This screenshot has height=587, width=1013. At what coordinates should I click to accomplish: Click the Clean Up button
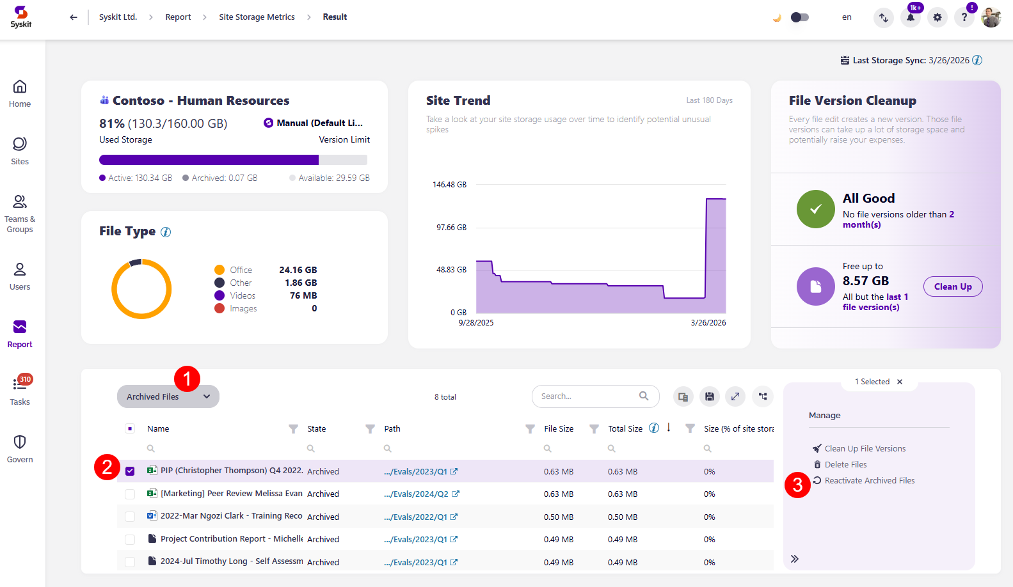coord(952,286)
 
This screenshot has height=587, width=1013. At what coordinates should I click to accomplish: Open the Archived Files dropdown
coord(168,396)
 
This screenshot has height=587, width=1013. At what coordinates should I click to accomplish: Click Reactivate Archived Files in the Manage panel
coord(869,481)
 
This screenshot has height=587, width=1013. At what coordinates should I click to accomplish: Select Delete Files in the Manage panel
coord(845,465)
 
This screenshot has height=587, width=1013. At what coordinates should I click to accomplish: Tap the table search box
coord(587,396)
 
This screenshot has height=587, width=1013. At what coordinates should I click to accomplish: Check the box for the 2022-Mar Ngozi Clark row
coord(130,517)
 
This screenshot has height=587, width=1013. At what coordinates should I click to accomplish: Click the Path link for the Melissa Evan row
coord(416,494)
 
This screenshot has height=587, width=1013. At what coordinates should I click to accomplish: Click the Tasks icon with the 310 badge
coord(20,384)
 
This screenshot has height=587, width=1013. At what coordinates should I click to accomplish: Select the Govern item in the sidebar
coord(20,448)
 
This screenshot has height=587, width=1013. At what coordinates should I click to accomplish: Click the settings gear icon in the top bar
coord(937,17)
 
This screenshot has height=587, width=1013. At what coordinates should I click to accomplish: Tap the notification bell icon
coord(910,17)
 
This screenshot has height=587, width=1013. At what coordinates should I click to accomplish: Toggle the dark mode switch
coord(799,17)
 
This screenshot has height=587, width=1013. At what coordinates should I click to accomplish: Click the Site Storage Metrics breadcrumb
coord(257,17)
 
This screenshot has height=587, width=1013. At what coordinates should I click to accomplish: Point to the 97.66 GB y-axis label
coord(451,228)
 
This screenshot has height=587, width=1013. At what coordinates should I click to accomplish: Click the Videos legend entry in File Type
coord(242,295)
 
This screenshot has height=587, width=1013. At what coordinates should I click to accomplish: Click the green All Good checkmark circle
coord(815,209)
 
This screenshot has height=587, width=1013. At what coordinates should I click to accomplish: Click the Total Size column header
coord(625,429)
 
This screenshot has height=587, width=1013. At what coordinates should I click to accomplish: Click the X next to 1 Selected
coord(900,382)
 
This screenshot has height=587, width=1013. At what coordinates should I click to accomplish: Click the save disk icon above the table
coord(709,396)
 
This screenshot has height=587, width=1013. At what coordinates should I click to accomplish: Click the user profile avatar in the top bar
coord(991,17)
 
